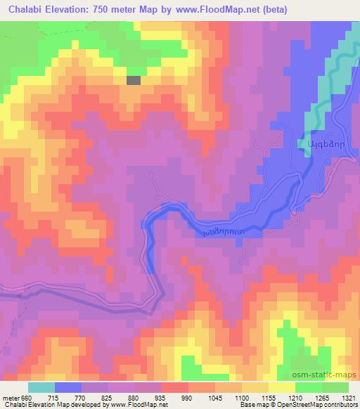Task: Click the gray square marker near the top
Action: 133,80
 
